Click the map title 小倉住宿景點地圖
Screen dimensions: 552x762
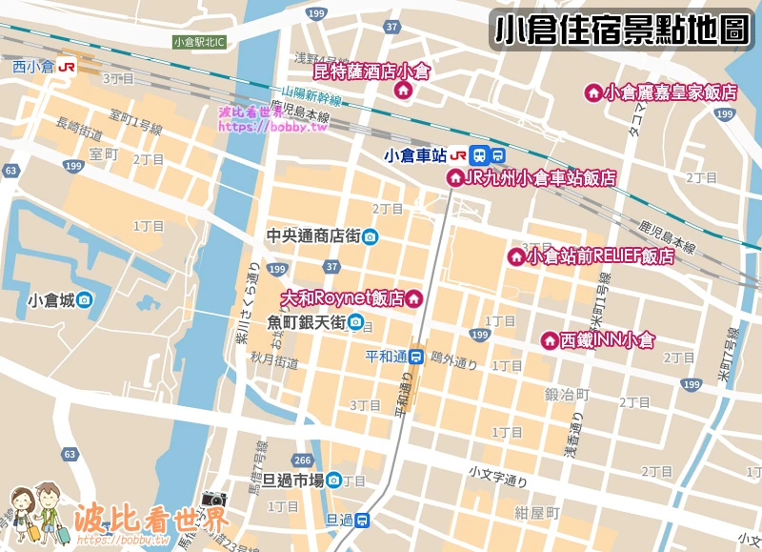tap(622, 30)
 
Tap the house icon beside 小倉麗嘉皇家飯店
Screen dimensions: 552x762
tap(593, 92)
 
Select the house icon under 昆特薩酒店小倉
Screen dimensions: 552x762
tap(402, 91)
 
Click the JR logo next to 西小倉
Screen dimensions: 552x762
tap(67, 67)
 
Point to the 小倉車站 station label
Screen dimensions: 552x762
tap(414, 154)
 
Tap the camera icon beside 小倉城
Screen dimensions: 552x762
tap(85, 300)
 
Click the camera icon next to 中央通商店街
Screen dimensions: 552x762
tap(370, 236)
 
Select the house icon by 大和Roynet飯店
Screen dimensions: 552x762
tap(414, 299)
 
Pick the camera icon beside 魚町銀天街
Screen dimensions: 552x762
tap(355, 322)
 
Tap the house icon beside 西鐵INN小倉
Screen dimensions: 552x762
tap(550, 340)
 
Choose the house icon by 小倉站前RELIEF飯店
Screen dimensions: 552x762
tap(515, 256)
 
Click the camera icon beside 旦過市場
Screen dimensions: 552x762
tap(333, 480)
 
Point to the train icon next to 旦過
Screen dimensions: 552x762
tap(362, 520)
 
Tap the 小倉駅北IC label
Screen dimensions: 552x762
tap(198, 42)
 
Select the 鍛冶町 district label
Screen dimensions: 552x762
tap(567, 394)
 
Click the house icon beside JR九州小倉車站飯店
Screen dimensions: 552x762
tap(454, 177)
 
